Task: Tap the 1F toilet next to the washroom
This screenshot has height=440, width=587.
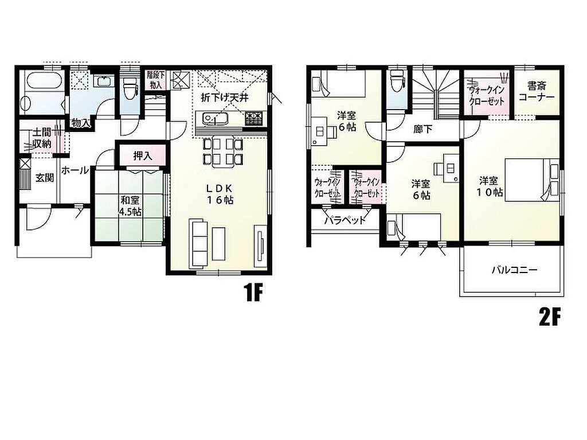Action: click(130, 88)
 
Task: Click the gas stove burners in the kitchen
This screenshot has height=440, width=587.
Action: click(255, 118)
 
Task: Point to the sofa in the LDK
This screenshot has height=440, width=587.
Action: click(198, 244)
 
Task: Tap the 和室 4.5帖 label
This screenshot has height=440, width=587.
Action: click(130, 206)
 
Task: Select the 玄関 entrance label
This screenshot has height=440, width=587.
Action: click(45, 178)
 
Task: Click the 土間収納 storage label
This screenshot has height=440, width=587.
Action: click(41, 138)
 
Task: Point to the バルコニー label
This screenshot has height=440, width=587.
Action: click(514, 270)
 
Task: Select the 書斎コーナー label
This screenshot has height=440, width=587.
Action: click(537, 91)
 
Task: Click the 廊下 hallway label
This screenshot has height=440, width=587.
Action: click(422, 130)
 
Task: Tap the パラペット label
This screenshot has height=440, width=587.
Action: click(345, 220)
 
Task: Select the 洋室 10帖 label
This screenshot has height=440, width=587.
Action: click(490, 186)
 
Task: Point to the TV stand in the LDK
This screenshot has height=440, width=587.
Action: click(261, 246)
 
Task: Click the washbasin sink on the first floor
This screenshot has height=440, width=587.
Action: click(103, 81)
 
